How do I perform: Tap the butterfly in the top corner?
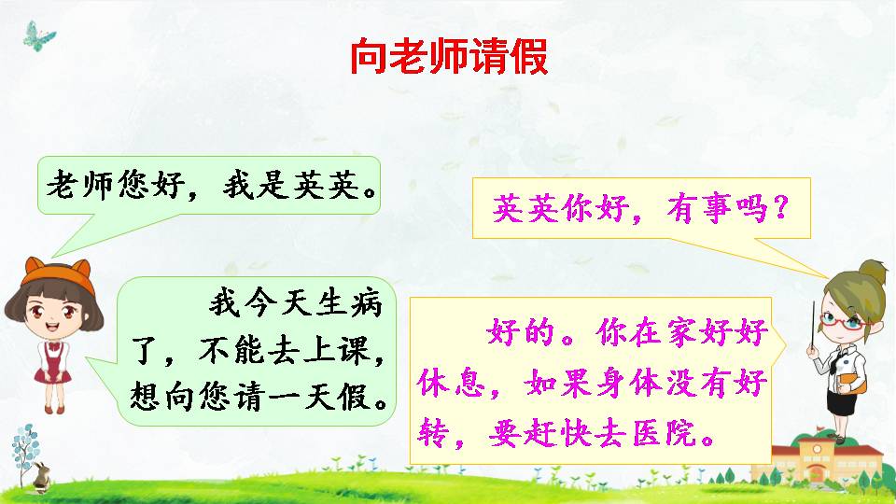click(40, 36)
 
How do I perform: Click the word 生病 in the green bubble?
click(354, 303)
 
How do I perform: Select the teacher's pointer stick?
click(813, 327)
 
